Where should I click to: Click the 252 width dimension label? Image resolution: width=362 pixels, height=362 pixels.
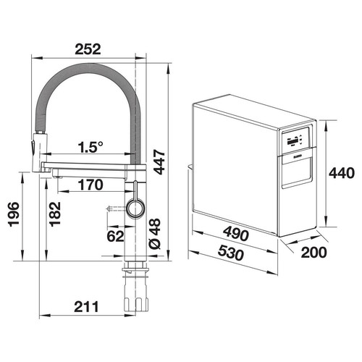[x=88, y=49]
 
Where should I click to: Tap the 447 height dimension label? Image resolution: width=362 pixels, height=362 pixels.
[x=159, y=162]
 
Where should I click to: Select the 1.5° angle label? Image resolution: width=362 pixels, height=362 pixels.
[x=90, y=147]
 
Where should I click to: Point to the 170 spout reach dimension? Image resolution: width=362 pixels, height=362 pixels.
[x=90, y=185]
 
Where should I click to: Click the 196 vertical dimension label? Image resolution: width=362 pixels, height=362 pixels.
[x=14, y=214]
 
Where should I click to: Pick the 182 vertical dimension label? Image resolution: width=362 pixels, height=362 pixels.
[x=55, y=214]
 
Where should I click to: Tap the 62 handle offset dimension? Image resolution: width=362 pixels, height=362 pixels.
[x=115, y=236]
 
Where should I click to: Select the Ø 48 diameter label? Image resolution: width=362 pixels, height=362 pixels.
[x=155, y=233]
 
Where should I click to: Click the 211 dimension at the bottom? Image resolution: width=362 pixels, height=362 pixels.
[x=86, y=307]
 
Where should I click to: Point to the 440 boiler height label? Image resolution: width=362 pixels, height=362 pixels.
[x=342, y=173]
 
